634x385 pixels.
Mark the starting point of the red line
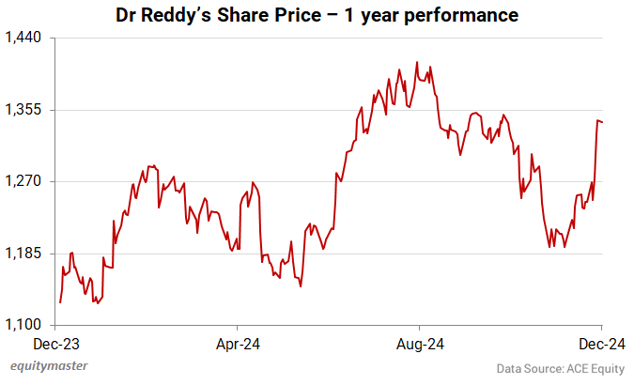tap(60, 302)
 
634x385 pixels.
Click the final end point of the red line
tap(602, 121)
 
